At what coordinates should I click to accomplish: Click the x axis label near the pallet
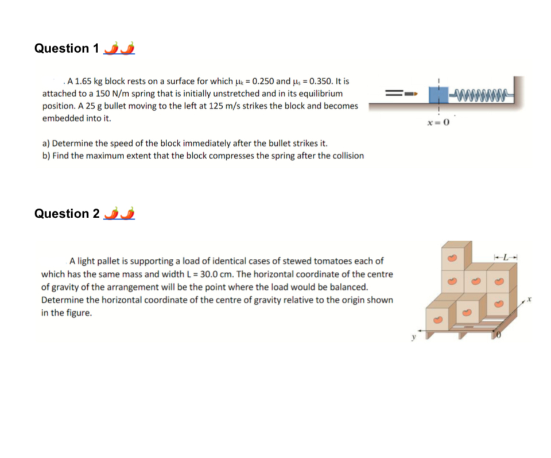coord(531,299)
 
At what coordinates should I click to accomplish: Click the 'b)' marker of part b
coord(46,156)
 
